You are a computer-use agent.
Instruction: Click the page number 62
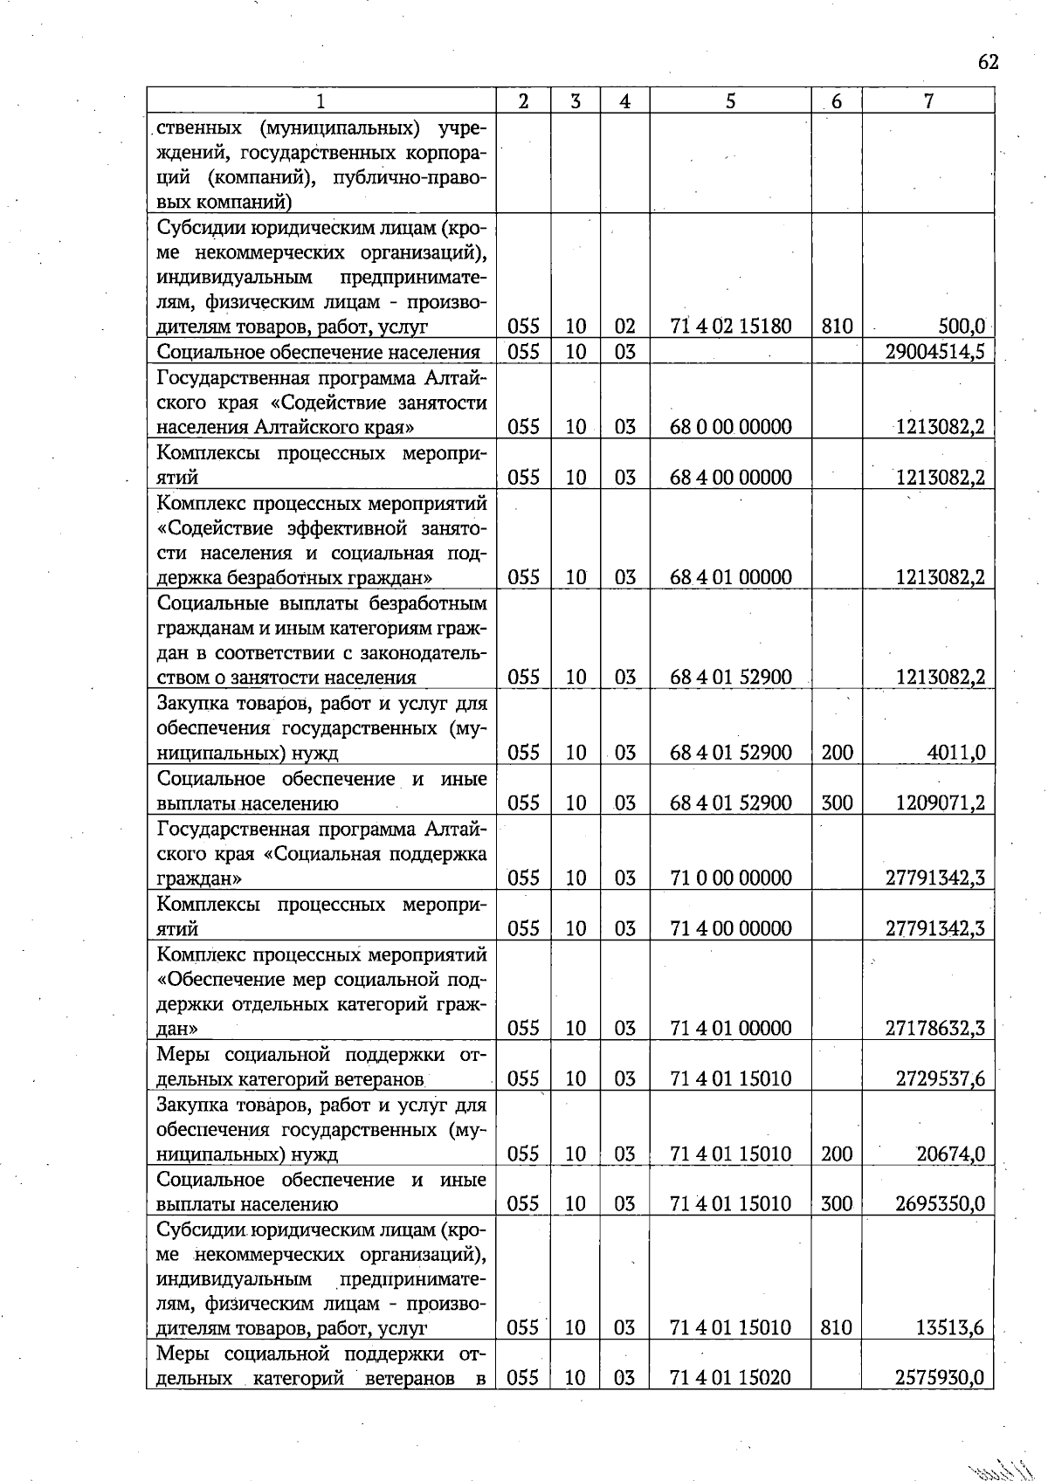[x=988, y=62]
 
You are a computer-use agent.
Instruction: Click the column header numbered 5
[x=730, y=101]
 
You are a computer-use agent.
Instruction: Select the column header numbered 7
[x=928, y=101]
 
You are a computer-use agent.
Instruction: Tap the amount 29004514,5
[x=935, y=352]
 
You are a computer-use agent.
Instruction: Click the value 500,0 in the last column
[x=962, y=327]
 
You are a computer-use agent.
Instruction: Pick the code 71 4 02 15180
[x=730, y=327]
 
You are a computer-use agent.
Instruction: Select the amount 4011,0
[x=957, y=753]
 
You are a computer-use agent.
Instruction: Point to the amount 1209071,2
[x=941, y=802]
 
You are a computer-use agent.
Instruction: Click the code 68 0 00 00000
[x=730, y=427]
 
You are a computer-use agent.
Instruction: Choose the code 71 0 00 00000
[x=730, y=878]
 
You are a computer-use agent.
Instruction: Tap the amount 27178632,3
[x=935, y=1028]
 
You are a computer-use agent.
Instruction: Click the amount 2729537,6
[x=941, y=1078]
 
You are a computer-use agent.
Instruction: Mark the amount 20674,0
[x=950, y=1154]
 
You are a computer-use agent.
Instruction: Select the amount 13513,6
[x=950, y=1328]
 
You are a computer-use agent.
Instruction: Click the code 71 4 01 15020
[x=730, y=1378]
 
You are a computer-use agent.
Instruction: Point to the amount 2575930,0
[x=941, y=1378]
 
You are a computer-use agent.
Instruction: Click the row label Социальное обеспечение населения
[x=318, y=352]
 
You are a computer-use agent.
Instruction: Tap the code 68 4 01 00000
[x=730, y=577]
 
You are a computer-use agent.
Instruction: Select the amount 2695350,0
[x=941, y=1204]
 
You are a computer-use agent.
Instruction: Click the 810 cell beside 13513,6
[x=836, y=1328]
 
